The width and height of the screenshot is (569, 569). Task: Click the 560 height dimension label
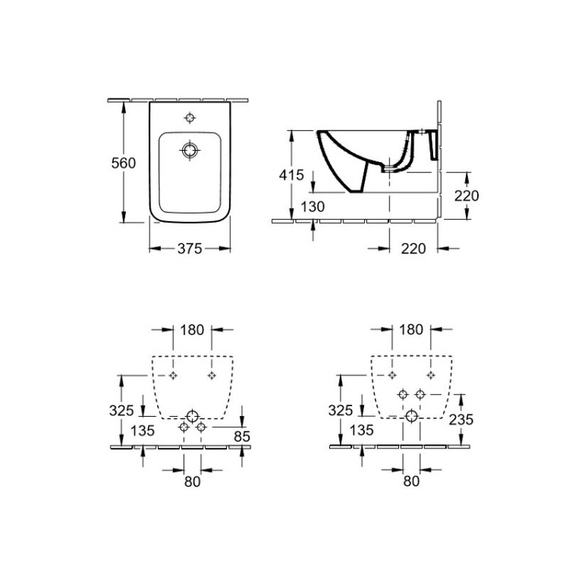pyautogui.click(x=123, y=163)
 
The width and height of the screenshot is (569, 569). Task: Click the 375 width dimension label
pyautogui.click(x=189, y=248)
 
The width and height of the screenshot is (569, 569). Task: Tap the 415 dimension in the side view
pyautogui.click(x=291, y=175)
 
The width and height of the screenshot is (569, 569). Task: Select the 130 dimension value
pyautogui.click(x=312, y=207)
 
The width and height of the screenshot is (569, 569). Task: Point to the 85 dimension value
pyautogui.click(x=242, y=436)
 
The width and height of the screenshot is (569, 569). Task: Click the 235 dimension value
pyautogui.click(x=461, y=420)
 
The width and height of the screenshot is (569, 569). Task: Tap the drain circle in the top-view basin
pyautogui.click(x=190, y=150)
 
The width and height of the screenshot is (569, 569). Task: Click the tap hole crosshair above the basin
pyautogui.click(x=190, y=118)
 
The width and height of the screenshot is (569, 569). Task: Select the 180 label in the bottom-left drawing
pyautogui.click(x=192, y=330)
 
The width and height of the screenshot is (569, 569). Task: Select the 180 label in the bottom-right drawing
pyautogui.click(x=411, y=329)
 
